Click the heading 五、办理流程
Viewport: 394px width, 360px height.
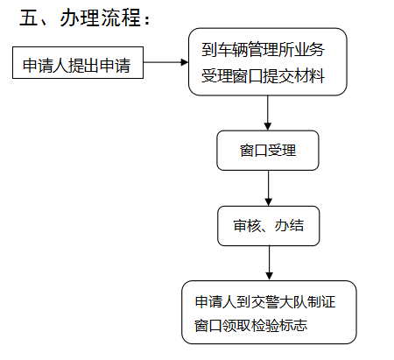(x=85, y=18)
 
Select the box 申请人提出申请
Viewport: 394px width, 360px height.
(x=78, y=62)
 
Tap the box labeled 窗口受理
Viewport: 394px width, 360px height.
(x=268, y=151)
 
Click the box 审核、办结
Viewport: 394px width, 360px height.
(x=269, y=226)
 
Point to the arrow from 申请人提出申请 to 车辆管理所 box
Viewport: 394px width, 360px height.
(x=165, y=62)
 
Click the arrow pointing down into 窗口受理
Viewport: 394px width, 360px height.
(x=268, y=113)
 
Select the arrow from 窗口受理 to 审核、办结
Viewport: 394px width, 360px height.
(x=269, y=188)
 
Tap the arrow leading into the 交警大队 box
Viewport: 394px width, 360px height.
(x=270, y=263)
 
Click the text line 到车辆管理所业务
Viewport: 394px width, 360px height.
(x=263, y=49)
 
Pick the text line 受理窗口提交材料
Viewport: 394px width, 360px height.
(x=263, y=76)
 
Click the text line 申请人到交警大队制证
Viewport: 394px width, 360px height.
(x=265, y=302)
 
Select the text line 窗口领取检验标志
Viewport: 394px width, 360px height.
(x=250, y=325)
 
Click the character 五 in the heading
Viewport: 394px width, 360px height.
(x=29, y=18)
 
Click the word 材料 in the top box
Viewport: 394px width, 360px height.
(x=309, y=76)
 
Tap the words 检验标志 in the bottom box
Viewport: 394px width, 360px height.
(x=279, y=325)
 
